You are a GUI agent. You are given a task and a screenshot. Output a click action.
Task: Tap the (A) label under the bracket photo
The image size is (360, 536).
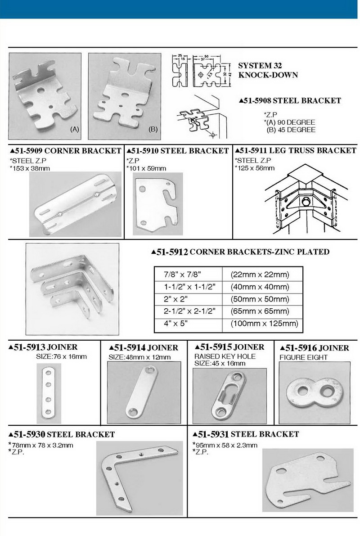tap(75, 129)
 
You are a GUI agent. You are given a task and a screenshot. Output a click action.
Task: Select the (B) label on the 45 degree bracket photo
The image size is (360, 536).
tap(153, 129)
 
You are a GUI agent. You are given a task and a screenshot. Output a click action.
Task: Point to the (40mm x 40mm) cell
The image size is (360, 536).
tap(259, 287)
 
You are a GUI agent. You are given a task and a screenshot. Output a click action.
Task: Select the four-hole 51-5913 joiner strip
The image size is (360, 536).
tap(49, 392)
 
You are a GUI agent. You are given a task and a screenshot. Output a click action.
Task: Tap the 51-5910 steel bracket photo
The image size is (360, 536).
tap(155, 205)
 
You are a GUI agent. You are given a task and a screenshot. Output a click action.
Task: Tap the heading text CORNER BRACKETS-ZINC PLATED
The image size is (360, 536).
tap(260, 252)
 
